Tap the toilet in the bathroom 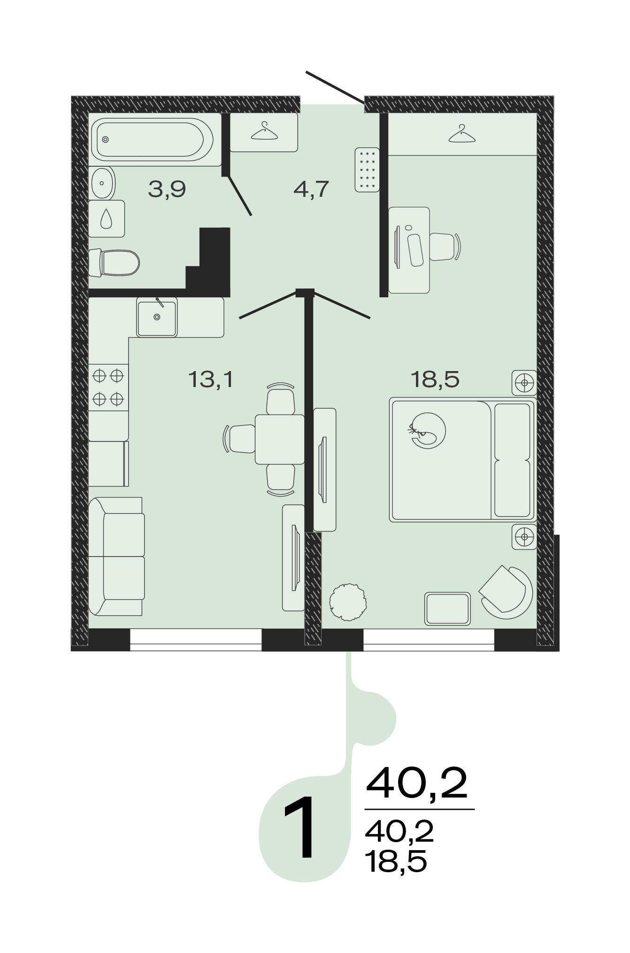coord(114,262)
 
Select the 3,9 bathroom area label coord(167,190)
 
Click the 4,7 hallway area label coord(311,190)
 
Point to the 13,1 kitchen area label coord(211,379)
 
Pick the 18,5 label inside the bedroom coord(435,379)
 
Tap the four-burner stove coord(108,387)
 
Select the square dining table coord(280,439)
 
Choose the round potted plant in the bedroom coord(348,603)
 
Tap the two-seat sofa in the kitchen coord(116,557)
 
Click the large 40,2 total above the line coord(417,783)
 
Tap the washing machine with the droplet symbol coord(107,218)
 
